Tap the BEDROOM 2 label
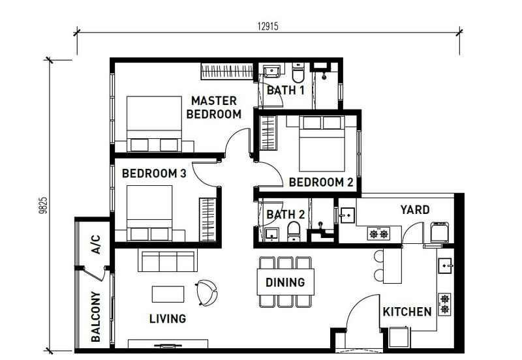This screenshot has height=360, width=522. pos(320,183)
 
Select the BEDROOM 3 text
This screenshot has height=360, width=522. pos(155,173)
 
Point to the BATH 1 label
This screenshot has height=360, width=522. pos(285,91)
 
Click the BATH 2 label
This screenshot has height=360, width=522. pos(285,213)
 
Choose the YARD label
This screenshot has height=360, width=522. pos(414,209)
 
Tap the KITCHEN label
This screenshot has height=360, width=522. pos(407,312)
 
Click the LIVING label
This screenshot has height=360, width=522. pos(167,319)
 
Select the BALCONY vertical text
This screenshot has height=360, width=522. pos(95,317)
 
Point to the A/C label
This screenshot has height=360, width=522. pos(95,245)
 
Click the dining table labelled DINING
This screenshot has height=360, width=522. pos(285,282)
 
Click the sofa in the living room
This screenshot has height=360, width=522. pos(167,262)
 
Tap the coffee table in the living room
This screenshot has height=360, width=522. pos(168,294)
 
